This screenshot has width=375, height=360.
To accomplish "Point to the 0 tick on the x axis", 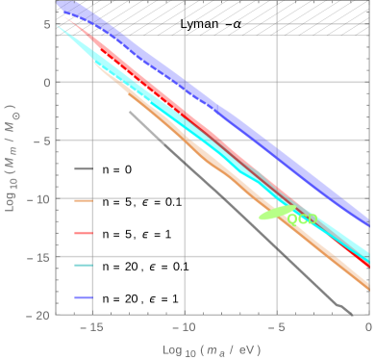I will point(369,328).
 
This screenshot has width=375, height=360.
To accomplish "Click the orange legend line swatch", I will point(84,200).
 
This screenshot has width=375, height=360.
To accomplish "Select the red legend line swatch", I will point(84,233).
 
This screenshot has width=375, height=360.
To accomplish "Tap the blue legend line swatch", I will point(84,298).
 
